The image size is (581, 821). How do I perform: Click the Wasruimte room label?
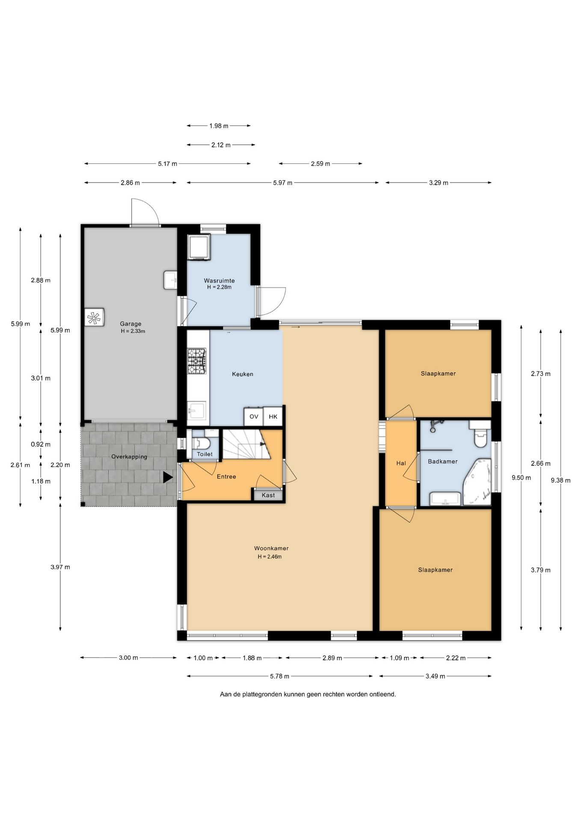219,281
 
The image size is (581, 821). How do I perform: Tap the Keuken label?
243,374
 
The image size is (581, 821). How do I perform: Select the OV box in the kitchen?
254,416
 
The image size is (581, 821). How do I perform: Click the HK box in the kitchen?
273,416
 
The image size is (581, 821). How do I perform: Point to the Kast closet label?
268,495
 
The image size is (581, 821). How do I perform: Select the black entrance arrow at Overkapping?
168,477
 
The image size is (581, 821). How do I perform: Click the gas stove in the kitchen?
197,361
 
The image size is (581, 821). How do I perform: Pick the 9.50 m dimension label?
521,478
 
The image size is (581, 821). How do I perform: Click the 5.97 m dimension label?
283,183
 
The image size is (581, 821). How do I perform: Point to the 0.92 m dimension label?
41,444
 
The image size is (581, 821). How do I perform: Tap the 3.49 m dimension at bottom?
435,676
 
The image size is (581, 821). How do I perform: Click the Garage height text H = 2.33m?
133,331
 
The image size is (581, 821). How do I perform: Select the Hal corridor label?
401,463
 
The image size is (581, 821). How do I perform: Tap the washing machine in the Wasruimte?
199,247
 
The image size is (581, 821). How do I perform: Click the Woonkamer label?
271,548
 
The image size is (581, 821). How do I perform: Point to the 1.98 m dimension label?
219,126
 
